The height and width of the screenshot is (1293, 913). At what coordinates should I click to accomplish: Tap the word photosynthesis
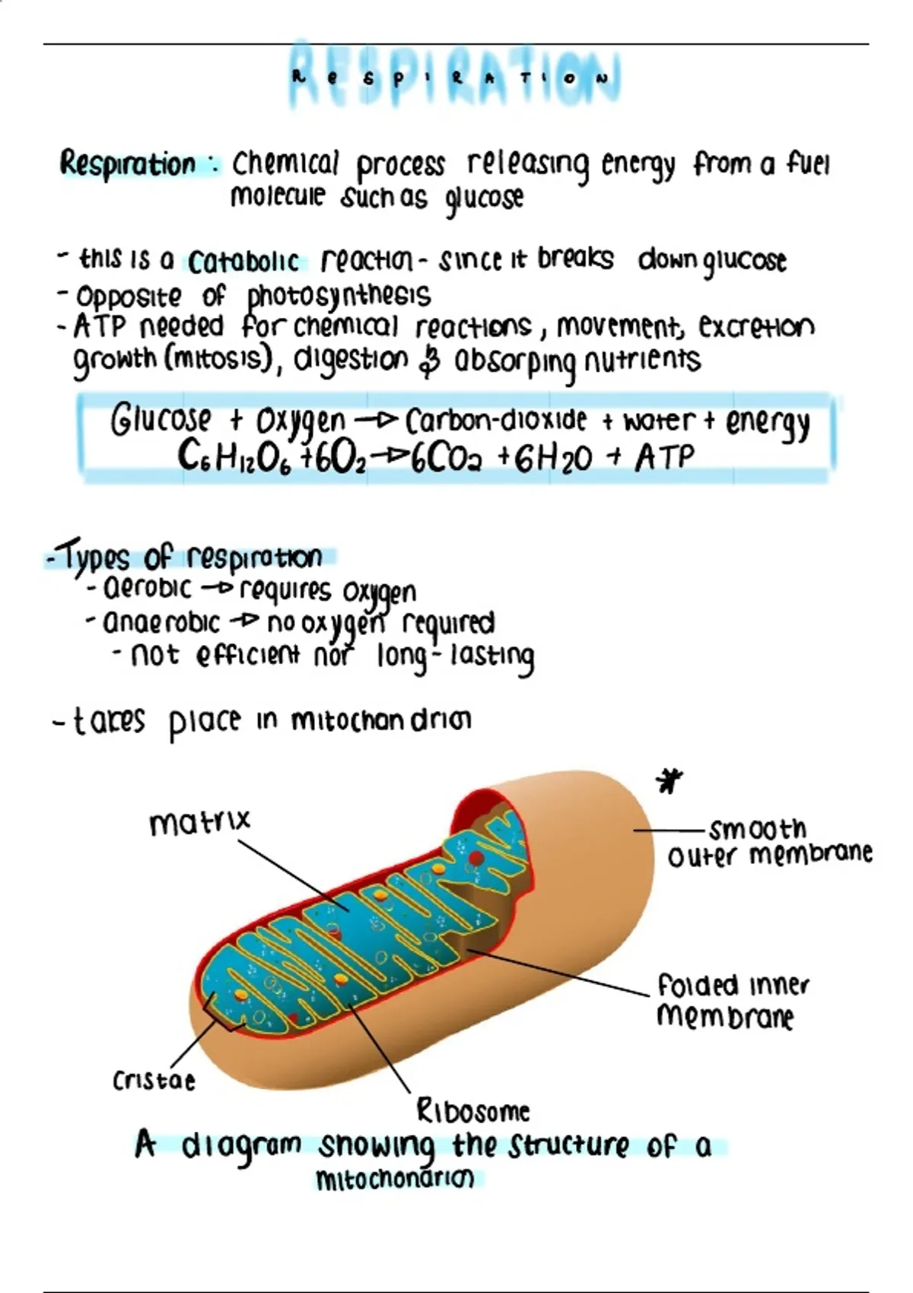(339, 296)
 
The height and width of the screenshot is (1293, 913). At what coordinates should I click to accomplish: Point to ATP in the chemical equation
(664, 459)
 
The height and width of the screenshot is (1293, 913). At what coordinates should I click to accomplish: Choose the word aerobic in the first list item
(147, 589)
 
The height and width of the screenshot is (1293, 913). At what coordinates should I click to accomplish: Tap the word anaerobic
(161, 623)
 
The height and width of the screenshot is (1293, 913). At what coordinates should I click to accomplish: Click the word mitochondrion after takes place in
(381, 720)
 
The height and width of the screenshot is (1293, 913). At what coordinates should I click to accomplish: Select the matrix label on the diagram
(200, 822)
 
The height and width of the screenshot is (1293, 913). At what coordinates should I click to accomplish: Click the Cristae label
(154, 1081)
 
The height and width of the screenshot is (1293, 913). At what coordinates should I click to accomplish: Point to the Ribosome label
(472, 1110)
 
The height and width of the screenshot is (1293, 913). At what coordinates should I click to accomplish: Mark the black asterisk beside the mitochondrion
(670, 781)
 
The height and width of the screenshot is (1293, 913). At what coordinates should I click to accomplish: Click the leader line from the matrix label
(294, 875)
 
